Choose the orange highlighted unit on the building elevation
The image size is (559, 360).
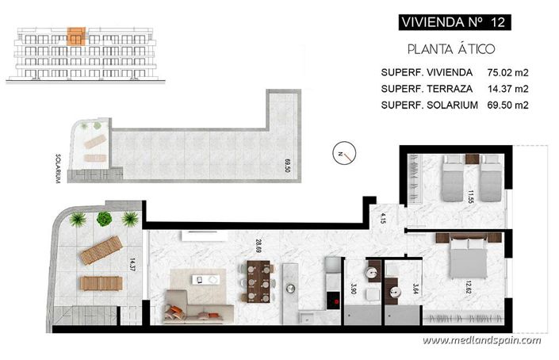coord(76,36)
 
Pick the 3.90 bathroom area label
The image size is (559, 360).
coord(354,289)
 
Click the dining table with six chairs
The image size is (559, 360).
coord(258,283)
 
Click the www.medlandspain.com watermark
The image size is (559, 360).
coord(481,340)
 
